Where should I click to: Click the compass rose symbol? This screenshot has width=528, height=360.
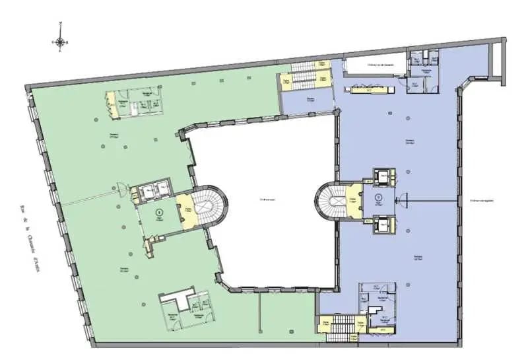(x=60, y=42)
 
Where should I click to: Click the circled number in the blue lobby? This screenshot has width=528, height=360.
(x=378, y=197)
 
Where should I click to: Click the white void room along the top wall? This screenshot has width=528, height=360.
(x=370, y=65)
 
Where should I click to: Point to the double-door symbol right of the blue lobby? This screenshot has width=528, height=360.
(x=404, y=198)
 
